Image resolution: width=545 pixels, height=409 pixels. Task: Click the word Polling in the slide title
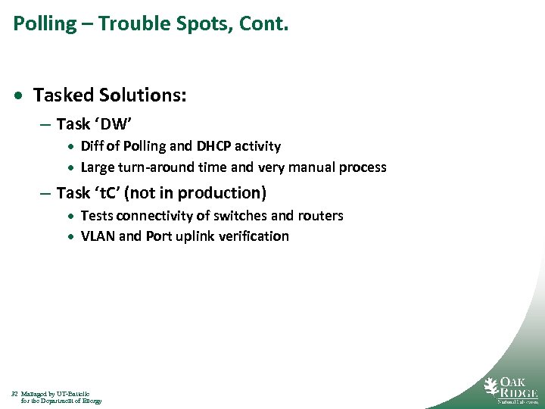click(x=45, y=24)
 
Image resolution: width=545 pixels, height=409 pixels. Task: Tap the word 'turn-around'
click(x=153, y=167)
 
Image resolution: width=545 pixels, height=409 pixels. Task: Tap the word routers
click(x=318, y=216)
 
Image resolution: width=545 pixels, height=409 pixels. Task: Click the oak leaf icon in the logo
click(x=492, y=388)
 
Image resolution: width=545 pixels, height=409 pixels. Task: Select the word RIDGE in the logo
click(x=519, y=393)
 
